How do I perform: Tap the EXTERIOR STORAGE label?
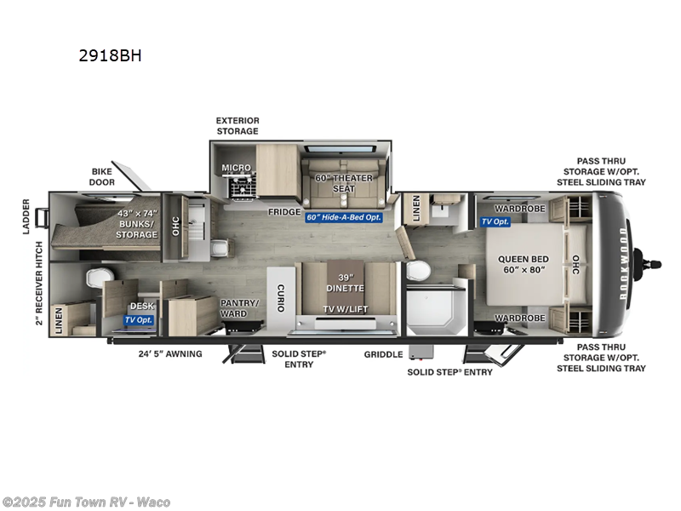point(237,126)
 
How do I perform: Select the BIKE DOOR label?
point(101,176)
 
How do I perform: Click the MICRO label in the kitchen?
point(237,168)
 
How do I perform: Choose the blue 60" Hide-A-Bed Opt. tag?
point(344,217)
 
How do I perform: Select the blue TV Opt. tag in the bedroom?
point(496,221)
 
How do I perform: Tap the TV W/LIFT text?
point(346,309)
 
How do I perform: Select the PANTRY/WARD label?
point(233,307)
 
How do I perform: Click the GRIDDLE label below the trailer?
point(384,354)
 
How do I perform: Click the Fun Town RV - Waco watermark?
point(86,502)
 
